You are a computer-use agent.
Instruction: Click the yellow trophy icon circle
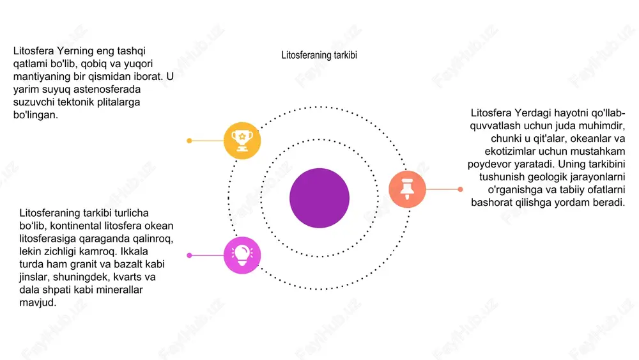242,141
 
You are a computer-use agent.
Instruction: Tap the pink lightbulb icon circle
242,255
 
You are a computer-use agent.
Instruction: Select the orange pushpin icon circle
407,189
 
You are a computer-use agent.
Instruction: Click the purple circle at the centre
319,198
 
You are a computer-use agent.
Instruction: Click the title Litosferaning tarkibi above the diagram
319,55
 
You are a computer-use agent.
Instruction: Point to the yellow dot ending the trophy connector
189,141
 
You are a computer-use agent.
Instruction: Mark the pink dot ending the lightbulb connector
189,255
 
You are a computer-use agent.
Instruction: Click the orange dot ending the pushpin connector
460,189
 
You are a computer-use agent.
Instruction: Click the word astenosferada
107,90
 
